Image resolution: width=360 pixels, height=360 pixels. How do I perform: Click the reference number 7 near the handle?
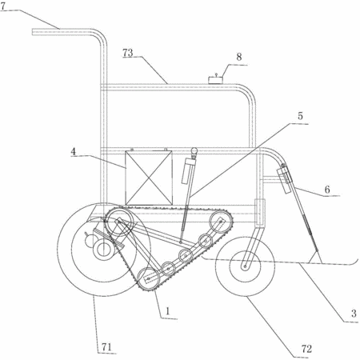[2, 6]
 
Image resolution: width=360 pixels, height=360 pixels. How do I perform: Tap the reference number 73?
[128, 53]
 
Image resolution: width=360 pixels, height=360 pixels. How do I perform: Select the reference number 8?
[239, 57]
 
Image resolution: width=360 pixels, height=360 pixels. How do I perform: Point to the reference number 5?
[301, 116]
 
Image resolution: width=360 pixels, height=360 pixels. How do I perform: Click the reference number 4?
[74, 152]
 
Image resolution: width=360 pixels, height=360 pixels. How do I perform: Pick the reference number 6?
[327, 190]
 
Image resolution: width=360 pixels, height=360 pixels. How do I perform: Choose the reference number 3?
[354, 314]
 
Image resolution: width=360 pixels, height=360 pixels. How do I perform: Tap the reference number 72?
[306, 349]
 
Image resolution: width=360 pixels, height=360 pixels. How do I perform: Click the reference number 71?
[106, 347]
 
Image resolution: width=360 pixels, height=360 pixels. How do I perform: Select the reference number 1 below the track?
[167, 311]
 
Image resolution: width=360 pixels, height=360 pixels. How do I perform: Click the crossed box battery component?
[149, 178]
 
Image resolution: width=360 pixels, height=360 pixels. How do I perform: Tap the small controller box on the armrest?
[215, 79]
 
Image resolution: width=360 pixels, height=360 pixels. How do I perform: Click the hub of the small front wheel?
[245, 266]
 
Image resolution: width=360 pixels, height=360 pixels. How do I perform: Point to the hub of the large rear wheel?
[102, 250]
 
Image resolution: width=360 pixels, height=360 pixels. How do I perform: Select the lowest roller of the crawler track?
[148, 278]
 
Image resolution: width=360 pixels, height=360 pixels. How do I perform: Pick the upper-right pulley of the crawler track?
[220, 221]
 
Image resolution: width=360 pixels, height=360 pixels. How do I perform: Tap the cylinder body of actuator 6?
[285, 178]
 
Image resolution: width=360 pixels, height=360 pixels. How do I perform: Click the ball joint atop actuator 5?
[194, 151]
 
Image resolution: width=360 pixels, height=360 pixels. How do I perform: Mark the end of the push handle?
[33, 31]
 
